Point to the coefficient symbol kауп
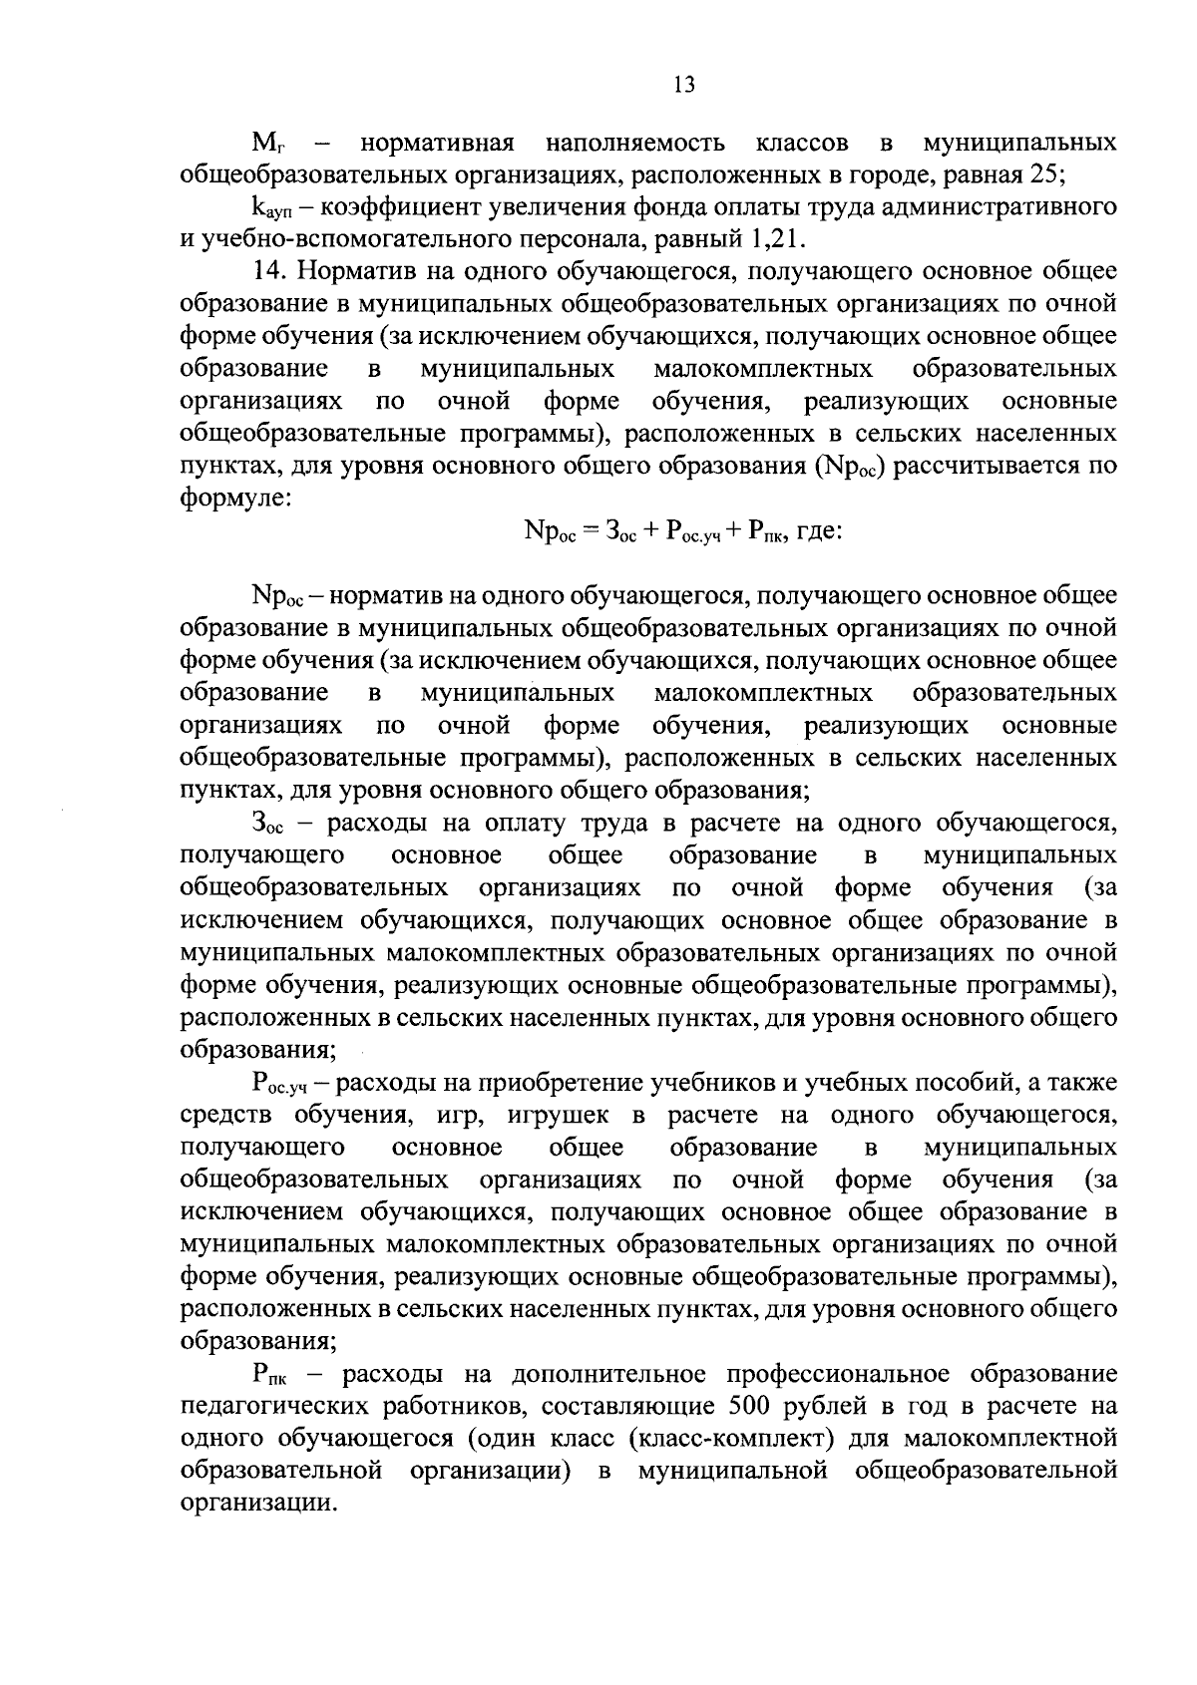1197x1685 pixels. (x=272, y=209)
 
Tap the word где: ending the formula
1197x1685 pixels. (x=820, y=531)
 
